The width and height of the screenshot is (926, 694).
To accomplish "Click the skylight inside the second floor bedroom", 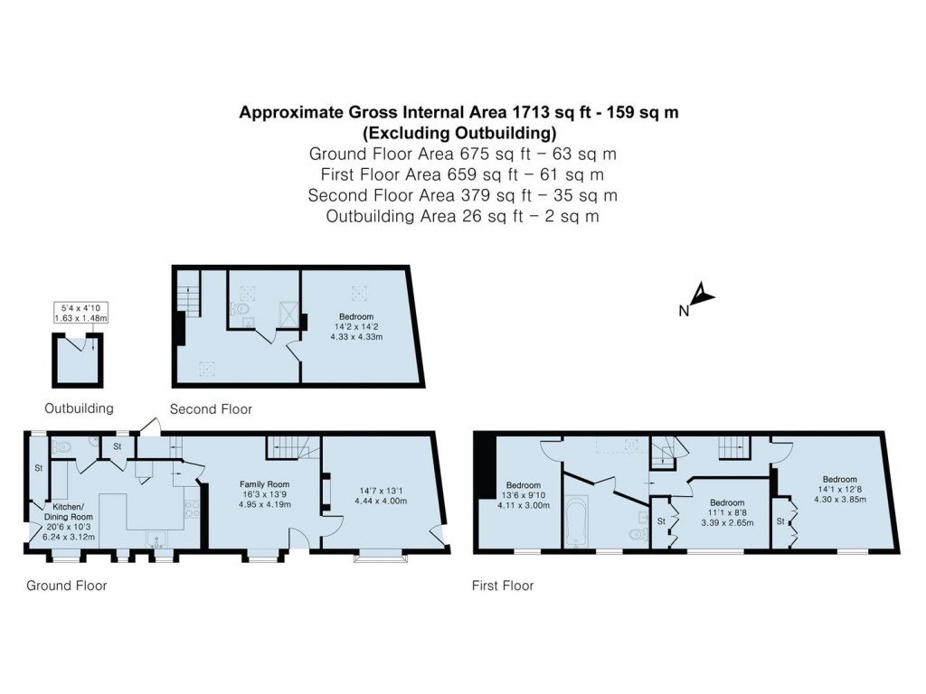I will click(x=360, y=291).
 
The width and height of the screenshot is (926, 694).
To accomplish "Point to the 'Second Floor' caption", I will click(x=211, y=409).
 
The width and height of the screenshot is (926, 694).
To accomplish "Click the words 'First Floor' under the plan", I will click(x=503, y=586).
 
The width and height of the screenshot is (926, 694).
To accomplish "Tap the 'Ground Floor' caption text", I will click(x=66, y=586).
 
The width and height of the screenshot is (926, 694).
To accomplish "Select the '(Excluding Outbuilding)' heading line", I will click(x=458, y=133).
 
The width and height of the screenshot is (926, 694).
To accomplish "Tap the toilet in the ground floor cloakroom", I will click(x=61, y=446).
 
